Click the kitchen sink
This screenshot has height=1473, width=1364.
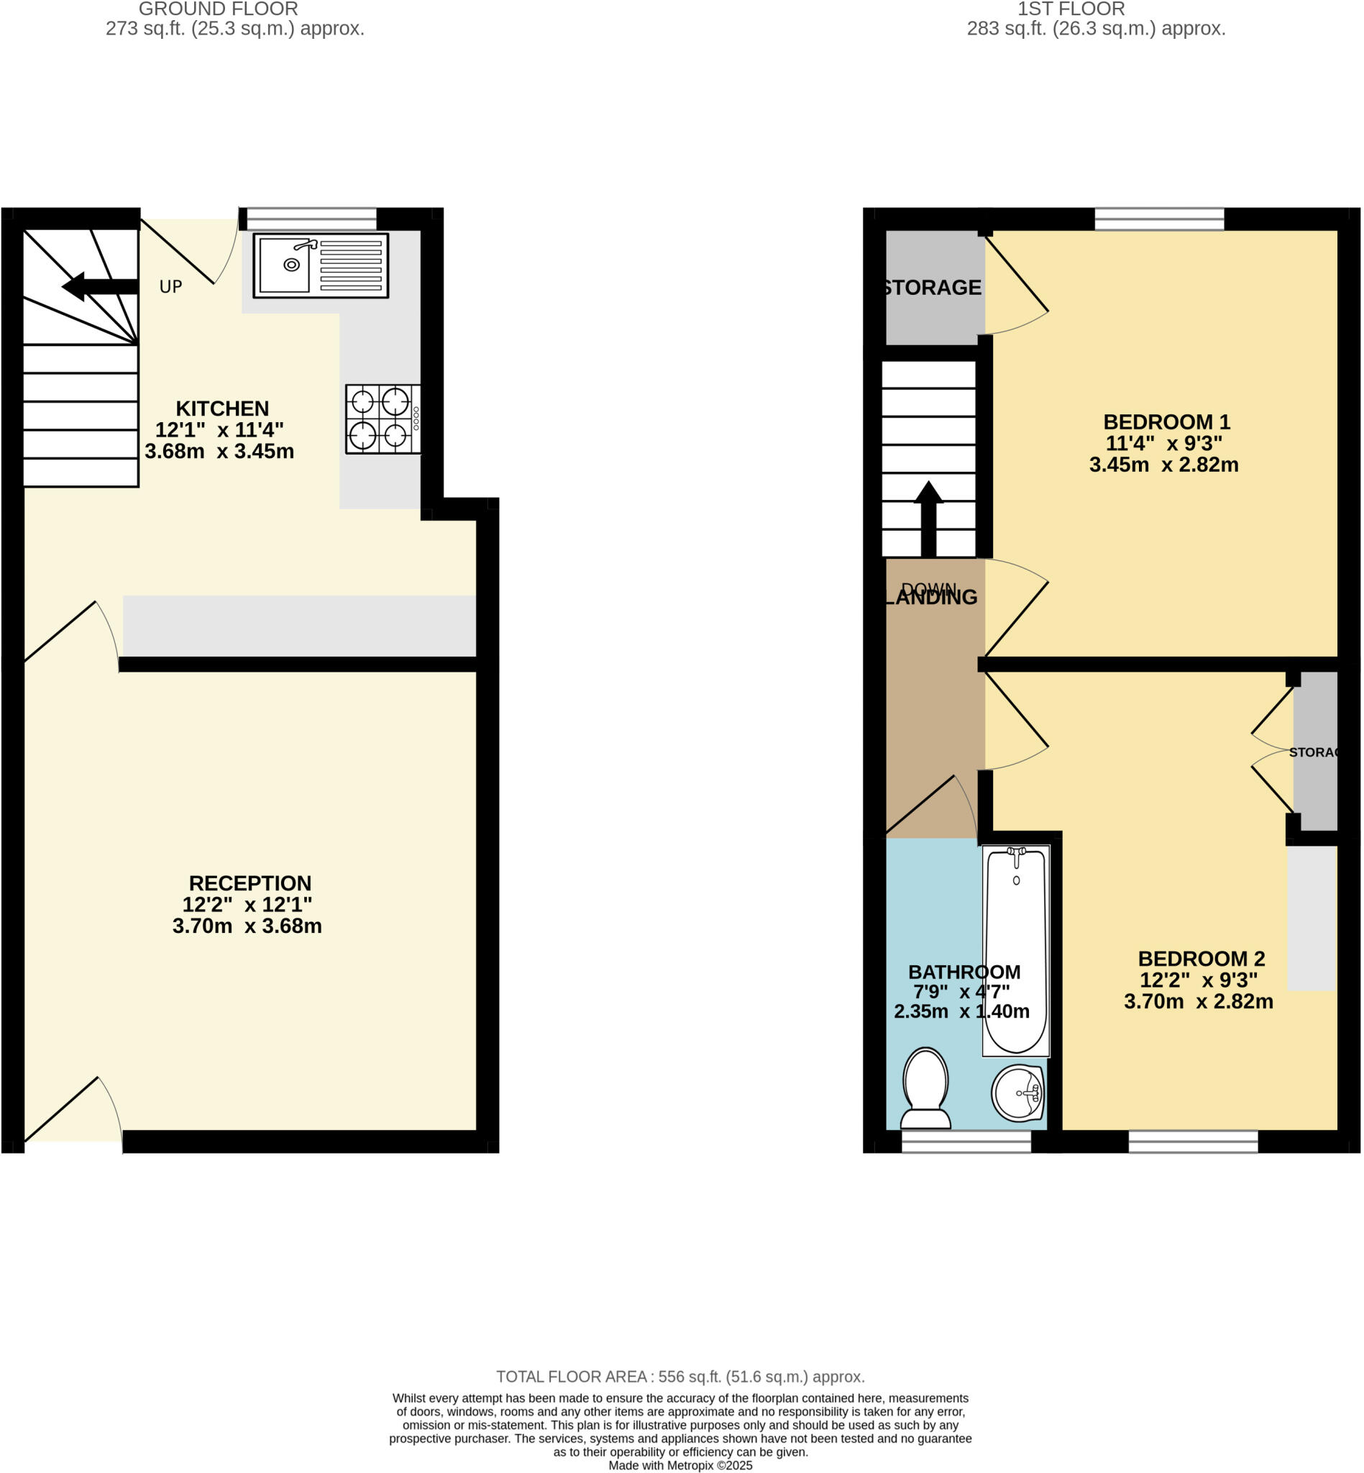point(321,265)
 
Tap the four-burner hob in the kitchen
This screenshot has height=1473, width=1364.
point(383,419)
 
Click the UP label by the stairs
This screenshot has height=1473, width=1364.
point(170,286)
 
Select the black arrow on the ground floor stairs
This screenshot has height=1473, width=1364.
point(100,286)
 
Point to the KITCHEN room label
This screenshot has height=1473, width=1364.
point(222,409)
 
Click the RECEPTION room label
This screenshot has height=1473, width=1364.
point(250,883)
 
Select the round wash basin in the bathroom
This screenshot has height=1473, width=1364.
point(1018,1092)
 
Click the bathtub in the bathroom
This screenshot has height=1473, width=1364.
point(1015,951)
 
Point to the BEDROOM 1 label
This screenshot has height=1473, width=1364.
point(1166,421)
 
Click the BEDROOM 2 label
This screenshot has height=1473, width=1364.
point(1201,958)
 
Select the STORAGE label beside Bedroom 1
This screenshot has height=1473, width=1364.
point(932,287)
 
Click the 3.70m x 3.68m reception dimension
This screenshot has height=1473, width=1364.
point(247,926)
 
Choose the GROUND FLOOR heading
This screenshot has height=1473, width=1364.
point(219,9)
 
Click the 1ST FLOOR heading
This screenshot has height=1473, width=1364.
point(1071,9)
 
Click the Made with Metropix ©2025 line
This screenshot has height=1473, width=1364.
point(679,1465)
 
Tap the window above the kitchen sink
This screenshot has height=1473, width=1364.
point(311,219)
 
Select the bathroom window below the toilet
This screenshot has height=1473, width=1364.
point(966,1141)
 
